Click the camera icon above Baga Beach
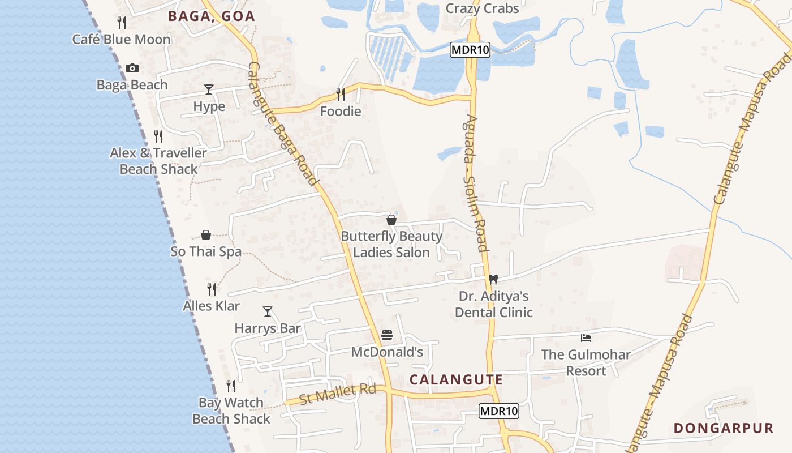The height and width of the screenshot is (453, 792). pyautogui.click(x=132, y=69)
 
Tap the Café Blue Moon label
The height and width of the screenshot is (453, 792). pyautogui.click(x=121, y=39)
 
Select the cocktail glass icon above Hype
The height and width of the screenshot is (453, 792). pyautogui.click(x=209, y=89)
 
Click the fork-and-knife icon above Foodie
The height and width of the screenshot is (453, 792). pyautogui.click(x=341, y=94)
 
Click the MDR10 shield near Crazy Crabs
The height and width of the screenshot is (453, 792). pyautogui.click(x=470, y=50)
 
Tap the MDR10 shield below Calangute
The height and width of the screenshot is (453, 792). pyautogui.click(x=499, y=411)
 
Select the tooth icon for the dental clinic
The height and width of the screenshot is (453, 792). pyautogui.click(x=493, y=279)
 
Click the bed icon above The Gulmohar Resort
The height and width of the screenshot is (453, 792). pyautogui.click(x=586, y=338)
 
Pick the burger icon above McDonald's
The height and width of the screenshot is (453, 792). pyautogui.click(x=387, y=335)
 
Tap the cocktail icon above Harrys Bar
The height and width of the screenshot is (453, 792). pyautogui.click(x=268, y=311)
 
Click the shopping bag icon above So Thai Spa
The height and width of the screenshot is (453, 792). pyautogui.click(x=206, y=235)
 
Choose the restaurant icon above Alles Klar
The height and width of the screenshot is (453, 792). pyautogui.click(x=212, y=289)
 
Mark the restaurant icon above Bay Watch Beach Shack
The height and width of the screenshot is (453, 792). pyautogui.click(x=231, y=386)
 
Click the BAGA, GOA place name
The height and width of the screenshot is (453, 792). pyautogui.click(x=212, y=16)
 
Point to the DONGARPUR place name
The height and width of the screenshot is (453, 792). pyautogui.click(x=723, y=428)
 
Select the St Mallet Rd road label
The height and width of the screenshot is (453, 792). pyautogui.click(x=338, y=394)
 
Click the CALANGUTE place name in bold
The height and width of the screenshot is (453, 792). pyautogui.click(x=456, y=379)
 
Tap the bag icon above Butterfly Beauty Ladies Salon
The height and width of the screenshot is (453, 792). pyautogui.click(x=391, y=220)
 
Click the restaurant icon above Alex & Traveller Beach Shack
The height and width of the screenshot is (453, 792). pyautogui.click(x=158, y=136)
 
